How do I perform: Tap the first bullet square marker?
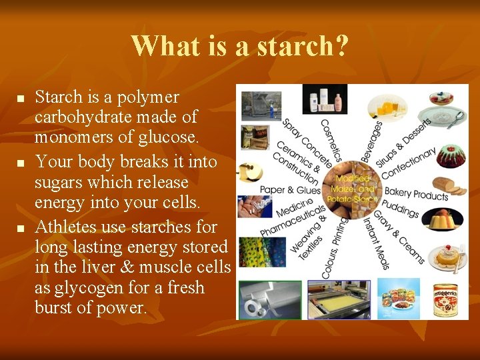[20, 99]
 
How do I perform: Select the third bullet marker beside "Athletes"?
[20, 229]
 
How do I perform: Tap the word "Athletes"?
[69, 227]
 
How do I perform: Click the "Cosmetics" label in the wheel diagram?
[331, 140]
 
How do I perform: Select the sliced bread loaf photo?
[449, 186]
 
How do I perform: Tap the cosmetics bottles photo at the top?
[325, 100]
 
